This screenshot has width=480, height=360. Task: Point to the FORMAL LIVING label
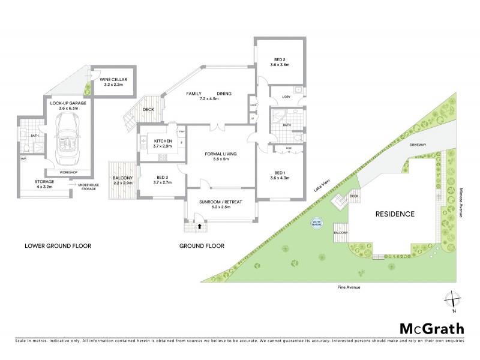tap(221, 154)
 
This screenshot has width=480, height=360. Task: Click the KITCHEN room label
tap(155, 140)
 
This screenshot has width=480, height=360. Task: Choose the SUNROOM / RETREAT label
tap(220, 202)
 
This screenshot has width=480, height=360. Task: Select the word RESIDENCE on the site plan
tap(395, 214)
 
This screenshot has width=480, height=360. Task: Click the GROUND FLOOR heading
tap(202, 246)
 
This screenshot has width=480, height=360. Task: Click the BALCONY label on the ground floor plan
tap(122, 178)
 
